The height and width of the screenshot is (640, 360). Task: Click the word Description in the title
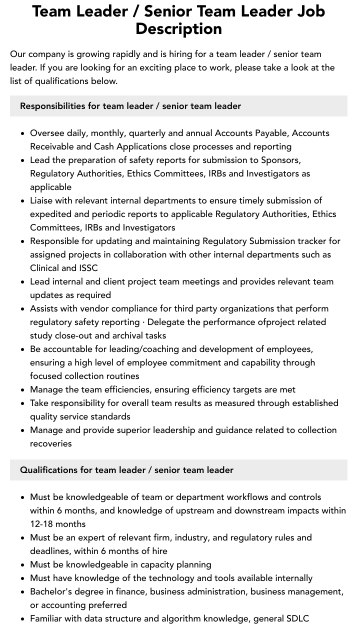[178, 28]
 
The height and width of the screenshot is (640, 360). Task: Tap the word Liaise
[42, 200]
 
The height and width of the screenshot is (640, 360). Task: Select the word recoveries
[50, 443]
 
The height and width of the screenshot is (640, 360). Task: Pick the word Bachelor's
[52, 591]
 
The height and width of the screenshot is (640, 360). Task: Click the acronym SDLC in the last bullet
[297, 618]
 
